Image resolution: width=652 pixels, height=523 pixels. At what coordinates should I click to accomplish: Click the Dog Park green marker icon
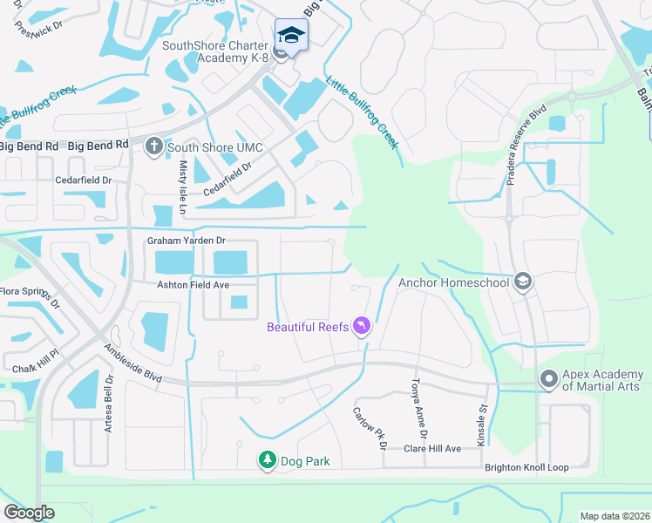[267, 459]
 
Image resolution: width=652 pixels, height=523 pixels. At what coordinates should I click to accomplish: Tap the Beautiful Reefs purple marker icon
[362, 327]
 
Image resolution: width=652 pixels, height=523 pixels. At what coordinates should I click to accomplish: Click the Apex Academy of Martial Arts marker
[548, 379]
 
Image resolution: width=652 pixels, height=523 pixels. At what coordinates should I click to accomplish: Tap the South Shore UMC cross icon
[153, 146]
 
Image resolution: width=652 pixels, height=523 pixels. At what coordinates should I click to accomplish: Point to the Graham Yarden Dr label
[186, 240]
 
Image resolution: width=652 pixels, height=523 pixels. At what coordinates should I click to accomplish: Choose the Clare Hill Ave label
[431, 448]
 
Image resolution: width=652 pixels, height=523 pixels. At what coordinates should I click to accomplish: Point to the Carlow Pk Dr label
[370, 427]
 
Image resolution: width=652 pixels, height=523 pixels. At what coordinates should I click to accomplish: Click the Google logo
[29, 512]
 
